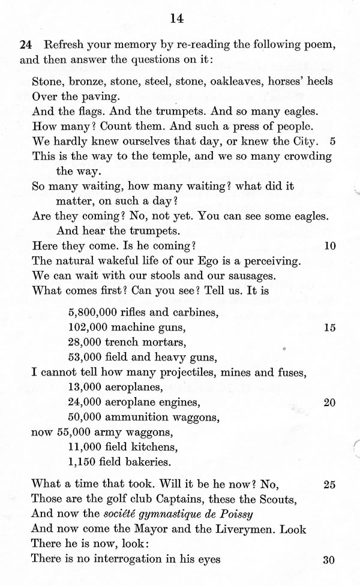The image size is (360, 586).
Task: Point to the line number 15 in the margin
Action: [x=329, y=327]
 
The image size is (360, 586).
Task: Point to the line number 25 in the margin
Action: [x=329, y=484]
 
